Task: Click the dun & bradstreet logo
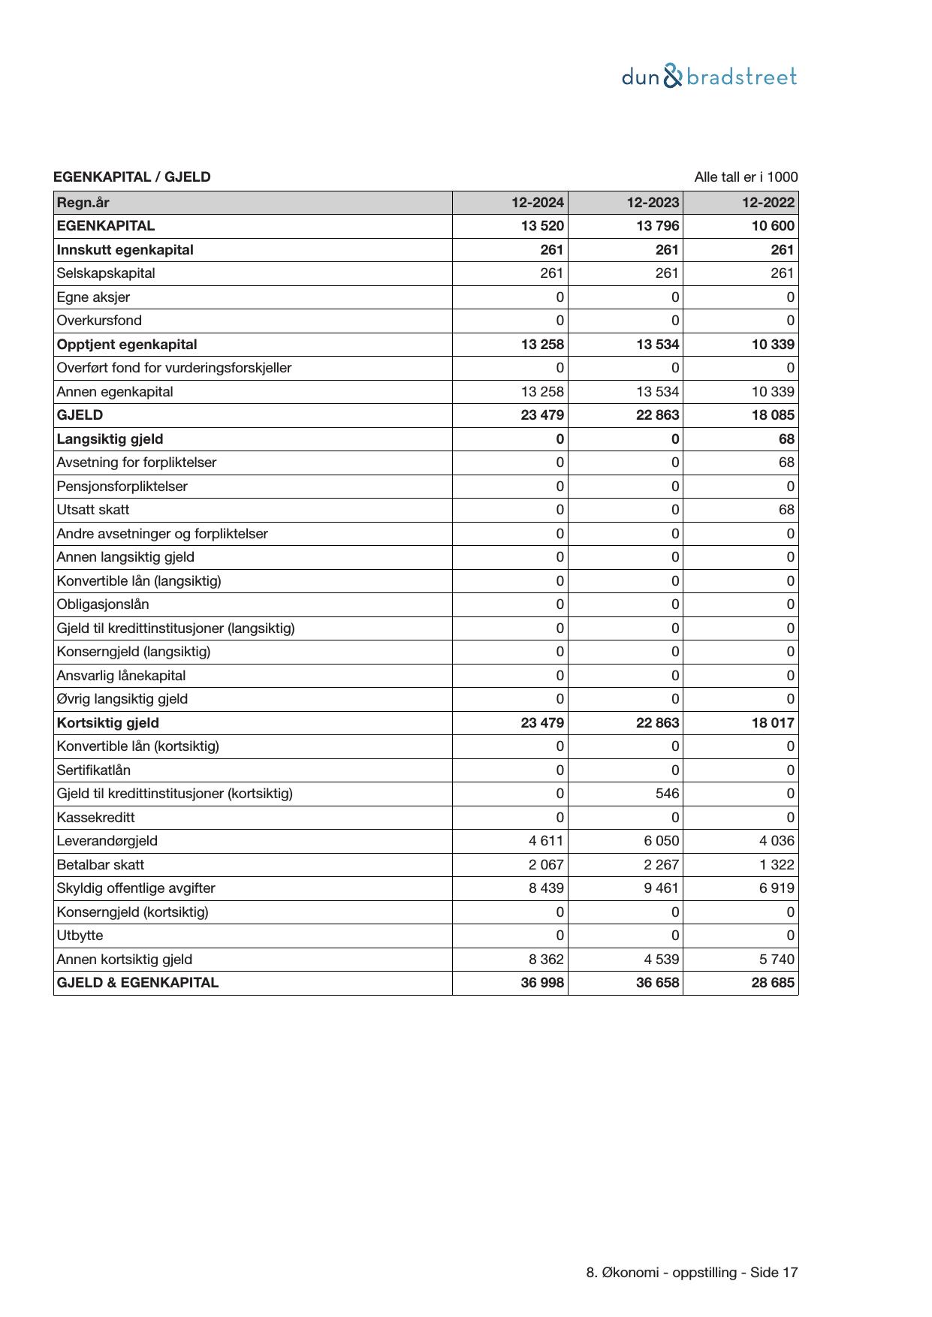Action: point(709,77)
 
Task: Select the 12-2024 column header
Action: point(538,203)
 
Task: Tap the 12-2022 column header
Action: point(768,203)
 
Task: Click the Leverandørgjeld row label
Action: point(107,841)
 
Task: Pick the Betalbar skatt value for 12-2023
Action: point(661,865)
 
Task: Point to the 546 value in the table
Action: point(667,794)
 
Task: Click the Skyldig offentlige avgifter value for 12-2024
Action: point(546,888)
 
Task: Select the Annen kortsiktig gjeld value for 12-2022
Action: point(777,960)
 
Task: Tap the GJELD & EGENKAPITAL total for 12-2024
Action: point(542,983)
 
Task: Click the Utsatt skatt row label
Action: point(93,510)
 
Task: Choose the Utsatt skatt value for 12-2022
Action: point(786,510)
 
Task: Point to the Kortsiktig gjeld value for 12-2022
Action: point(773,723)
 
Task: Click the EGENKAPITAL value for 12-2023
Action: point(657,226)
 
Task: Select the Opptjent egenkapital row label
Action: point(127,345)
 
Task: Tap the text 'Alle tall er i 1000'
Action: point(746,177)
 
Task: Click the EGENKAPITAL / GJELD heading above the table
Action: point(132,177)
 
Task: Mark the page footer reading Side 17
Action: point(692,1273)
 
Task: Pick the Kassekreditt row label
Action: point(95,818)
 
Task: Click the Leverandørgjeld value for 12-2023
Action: point(661,841)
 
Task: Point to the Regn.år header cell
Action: point(83,203)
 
